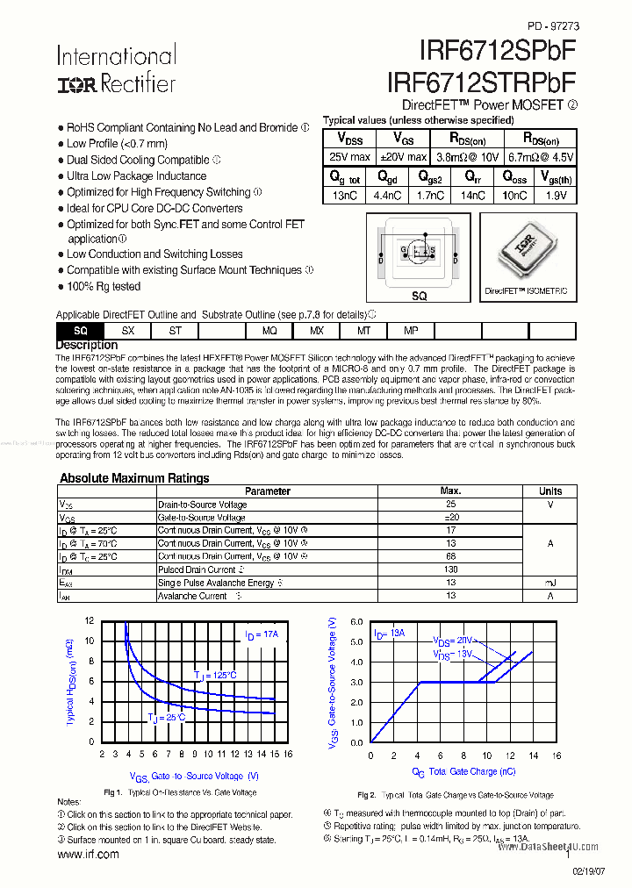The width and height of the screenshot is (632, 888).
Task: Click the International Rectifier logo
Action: point(116,69)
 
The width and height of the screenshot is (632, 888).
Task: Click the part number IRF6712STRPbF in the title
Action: point(481,82)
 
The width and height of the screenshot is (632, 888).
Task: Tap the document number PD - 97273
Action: point(553,26)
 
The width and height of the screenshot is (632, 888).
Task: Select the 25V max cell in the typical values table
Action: point(349,157)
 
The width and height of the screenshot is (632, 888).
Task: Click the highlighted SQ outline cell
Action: point(80,331)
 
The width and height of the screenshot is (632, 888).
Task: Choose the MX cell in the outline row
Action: point(317,331)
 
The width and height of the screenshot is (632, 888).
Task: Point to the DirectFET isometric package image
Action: point(526,254)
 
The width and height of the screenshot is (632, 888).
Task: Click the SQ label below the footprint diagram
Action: point(419,297)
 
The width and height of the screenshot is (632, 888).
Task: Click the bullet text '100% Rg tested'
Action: point(103,287)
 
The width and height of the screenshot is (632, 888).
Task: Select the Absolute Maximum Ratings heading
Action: point(134,478)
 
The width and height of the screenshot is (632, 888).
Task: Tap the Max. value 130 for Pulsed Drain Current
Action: point(450,569)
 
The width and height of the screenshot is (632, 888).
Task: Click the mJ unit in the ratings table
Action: point(550,583)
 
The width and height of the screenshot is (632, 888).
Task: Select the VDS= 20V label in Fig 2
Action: point(453,641)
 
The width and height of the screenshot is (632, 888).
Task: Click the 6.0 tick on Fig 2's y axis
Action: point(356,621)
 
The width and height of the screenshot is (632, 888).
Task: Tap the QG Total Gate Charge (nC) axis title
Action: point(464,771)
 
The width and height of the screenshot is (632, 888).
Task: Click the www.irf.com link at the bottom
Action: point(88,855)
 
